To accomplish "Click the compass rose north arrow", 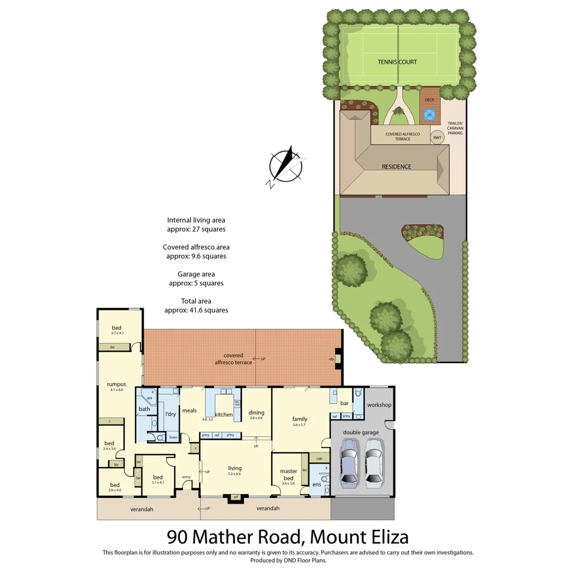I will tap(286, 164).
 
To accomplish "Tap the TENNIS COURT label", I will tap(397, 62).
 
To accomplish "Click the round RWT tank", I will tap(437, 137).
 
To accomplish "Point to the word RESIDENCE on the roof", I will tap(396, 166).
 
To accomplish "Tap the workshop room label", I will tap(379, 405).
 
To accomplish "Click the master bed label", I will tap(288, 475).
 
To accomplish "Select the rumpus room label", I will tap(115, 384).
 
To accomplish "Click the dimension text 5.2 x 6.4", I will tap(234, 474).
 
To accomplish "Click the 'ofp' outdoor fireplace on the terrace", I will tap(332, 359).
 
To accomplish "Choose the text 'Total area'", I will tap(196, 301).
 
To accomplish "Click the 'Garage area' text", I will tap(196, 274).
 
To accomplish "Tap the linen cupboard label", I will tap(173, 438).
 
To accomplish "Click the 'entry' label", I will tap(186, 476).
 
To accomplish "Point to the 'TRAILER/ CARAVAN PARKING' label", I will tap(455, 128).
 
